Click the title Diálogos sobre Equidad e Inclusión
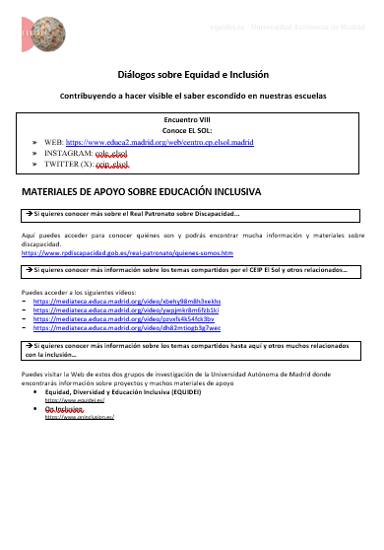pyautogui.click(x=192, y=74)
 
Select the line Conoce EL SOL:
pyautogui.click(x=192, y=130)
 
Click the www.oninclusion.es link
pyautogui.click(x=81, y=418)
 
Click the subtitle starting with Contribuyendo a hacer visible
pyautogui.click(x=192, y=97)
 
